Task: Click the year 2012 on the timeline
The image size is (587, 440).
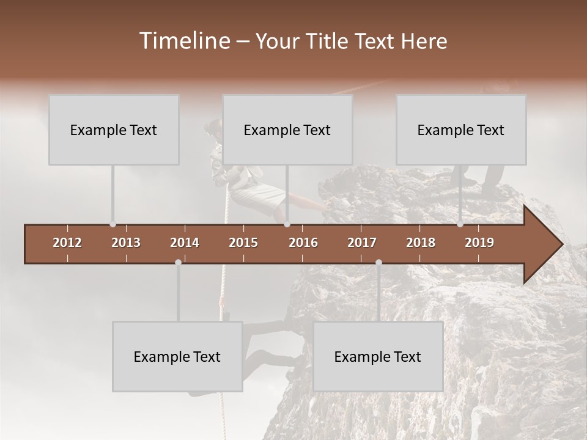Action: (x=67, y=243)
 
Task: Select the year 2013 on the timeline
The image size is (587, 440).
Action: (x=126, y=243)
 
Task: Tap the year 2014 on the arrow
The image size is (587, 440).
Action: (x=185, y=243)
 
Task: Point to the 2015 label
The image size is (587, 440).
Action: (x=243, y=243)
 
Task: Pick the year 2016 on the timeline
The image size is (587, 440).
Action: (x=303, y=243)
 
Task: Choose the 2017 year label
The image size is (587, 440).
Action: (x=362, y=243)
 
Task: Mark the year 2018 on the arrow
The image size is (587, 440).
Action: (x=421, y=243)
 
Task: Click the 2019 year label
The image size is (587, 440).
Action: (x=479, y=243)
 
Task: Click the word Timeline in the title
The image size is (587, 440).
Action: (x=183, y=41)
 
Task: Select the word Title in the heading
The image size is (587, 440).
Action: (x=325, y=41)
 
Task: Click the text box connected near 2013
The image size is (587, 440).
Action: (x=114, y=130)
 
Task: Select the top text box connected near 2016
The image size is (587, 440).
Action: (x=287, y=130)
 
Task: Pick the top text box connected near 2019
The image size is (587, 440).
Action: (x=461, y=130)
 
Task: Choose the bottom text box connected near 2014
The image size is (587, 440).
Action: (x=177, y=356)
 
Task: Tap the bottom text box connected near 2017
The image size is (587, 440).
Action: (x=378, y=356)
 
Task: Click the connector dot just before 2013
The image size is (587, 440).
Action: (x=113, y=224)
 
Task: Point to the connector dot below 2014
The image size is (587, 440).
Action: (x=178, y=262)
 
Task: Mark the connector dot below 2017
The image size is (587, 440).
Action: (x=378, y=262)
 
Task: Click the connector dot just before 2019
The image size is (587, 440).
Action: (x=460, y=224)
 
